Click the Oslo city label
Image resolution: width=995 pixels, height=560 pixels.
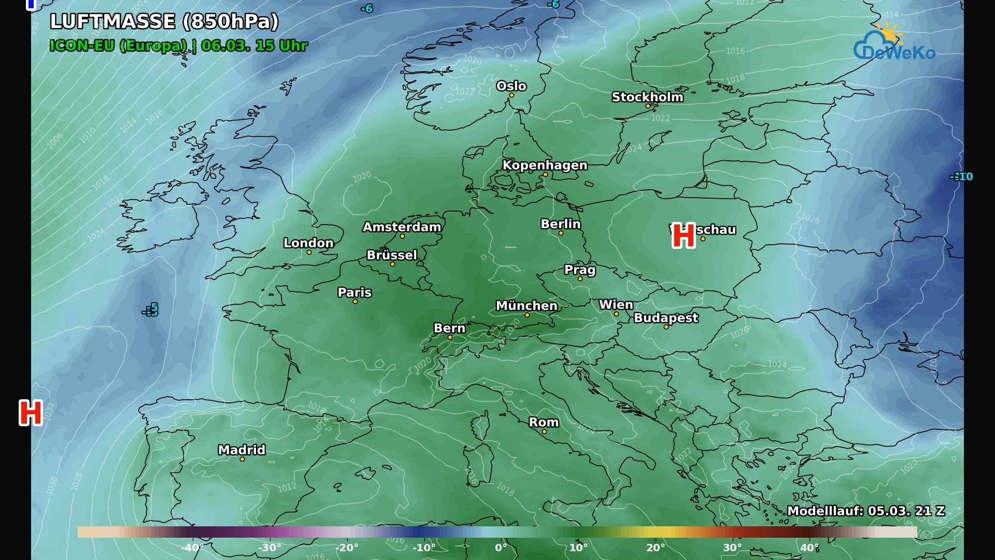pos(511,86)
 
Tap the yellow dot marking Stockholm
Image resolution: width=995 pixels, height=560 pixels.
pos(648,106)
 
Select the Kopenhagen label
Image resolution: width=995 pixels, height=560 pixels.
pos(545,165)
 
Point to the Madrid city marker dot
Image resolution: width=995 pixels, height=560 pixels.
pos(242,459)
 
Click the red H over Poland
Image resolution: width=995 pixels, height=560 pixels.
pos(684,236)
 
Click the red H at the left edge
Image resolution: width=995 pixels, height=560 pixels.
pos(31,413)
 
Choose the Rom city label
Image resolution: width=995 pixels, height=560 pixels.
pos(544,423)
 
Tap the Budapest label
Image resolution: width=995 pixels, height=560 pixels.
pos(666,318)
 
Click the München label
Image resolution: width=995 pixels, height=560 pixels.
pos(527,306)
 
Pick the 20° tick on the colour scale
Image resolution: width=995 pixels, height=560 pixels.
pos(656,548)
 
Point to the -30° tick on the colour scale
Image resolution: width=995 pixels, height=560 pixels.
pos(269,548)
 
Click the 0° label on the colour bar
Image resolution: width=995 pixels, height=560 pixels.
pos(501,548)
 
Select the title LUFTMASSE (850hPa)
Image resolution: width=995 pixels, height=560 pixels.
pos(164,21)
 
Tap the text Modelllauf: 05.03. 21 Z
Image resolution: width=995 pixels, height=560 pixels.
pos(865,511)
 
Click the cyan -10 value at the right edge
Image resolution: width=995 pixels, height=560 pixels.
pos(962,177)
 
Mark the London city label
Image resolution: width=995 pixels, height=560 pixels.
pos(308,243)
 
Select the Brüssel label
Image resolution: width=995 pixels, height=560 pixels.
pos(392,255)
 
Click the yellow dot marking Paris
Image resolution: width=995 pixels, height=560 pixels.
pos(355,302)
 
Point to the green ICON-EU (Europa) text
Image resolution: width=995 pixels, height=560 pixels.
pos(118,46)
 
